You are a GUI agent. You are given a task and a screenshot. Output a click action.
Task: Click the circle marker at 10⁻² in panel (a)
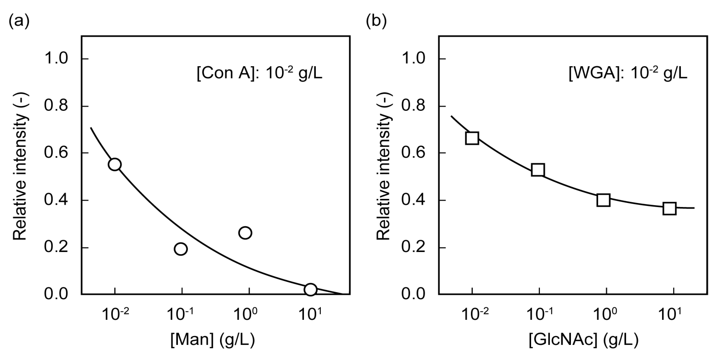[115, 164]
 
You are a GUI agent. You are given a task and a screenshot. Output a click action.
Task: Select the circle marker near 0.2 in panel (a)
[181, 249]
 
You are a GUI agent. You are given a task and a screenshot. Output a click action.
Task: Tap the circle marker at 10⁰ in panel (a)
[245, 233]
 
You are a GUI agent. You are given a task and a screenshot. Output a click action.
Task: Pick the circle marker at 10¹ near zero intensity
[310, 289]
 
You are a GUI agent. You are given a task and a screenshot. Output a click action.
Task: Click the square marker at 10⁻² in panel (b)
[472, 138]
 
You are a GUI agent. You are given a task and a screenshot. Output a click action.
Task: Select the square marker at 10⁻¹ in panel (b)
[538, 170]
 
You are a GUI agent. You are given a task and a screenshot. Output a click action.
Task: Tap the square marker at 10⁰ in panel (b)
[603, 200]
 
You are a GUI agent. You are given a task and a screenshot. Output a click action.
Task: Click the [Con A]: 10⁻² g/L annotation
[259, 74]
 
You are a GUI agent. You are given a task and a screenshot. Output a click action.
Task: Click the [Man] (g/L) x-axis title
[213, 341]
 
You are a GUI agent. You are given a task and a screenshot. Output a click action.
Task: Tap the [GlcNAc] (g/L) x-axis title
[584, 341]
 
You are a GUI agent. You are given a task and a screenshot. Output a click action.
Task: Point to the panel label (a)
[19, 21]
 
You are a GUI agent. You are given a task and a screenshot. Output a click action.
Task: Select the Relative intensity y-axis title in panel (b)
[384, 166]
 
